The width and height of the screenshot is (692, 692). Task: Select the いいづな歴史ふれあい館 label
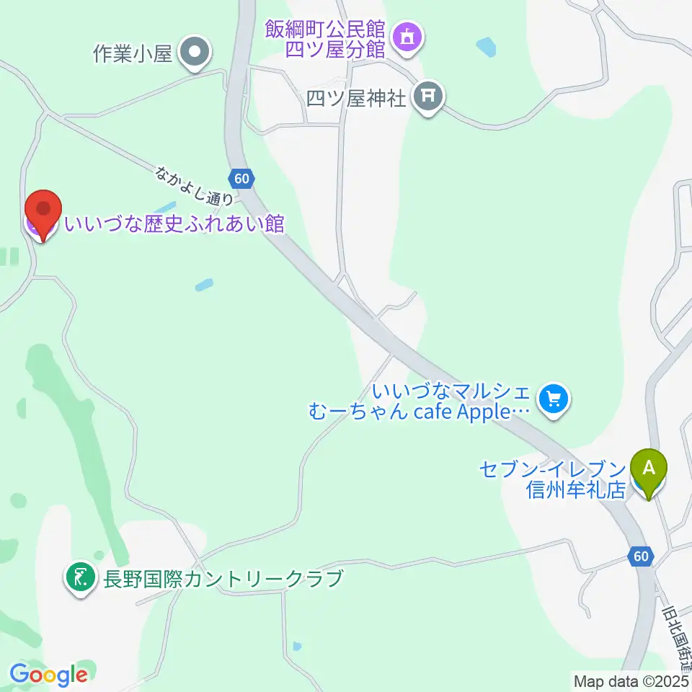point(174,224)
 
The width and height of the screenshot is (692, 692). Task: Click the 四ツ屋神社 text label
point(356,97)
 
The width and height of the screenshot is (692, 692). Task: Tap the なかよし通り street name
point(194,184)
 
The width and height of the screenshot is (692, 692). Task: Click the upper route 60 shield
point(241,177)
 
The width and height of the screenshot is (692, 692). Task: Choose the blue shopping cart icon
point(554,398)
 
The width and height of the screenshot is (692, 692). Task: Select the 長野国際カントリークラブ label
point(221,578)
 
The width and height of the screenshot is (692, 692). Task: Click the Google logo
point(48,674)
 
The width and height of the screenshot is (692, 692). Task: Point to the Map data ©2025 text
point(631,680)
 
